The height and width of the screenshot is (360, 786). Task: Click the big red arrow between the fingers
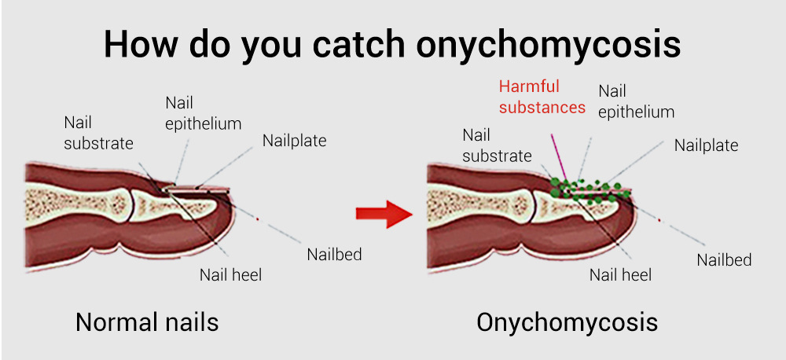(x=384, y=214)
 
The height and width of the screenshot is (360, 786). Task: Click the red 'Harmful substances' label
(x=542, y=97)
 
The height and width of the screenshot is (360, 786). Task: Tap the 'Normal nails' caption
(x=147, y=322)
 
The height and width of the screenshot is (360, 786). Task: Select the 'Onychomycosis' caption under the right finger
(x=567, y=322)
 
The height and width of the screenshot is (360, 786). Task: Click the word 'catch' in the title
(x=358, y=45)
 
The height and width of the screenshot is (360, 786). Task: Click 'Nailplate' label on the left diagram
(x=294, y=141)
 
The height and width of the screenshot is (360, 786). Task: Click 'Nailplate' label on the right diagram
(x=706, y=145)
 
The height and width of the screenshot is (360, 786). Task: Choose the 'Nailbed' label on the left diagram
(x=334, y=254)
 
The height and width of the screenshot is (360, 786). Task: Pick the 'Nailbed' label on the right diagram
(x=725, y=259)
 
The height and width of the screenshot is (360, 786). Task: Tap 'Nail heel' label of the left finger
(x=230, y=275)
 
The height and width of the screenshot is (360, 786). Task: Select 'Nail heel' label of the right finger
(x=621, y=275)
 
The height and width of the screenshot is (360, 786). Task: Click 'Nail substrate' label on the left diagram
(x=99, y=134)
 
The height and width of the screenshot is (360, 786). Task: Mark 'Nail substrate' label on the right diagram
(x=497, y=145)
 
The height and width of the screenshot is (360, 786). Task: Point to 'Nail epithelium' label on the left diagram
(x=203, y=114)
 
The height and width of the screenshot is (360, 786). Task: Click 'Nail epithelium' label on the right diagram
(x=636, y=101)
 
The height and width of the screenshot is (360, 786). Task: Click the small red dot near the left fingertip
(x=258, y=219)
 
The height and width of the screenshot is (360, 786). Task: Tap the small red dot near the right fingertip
(x=659, y=219)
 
